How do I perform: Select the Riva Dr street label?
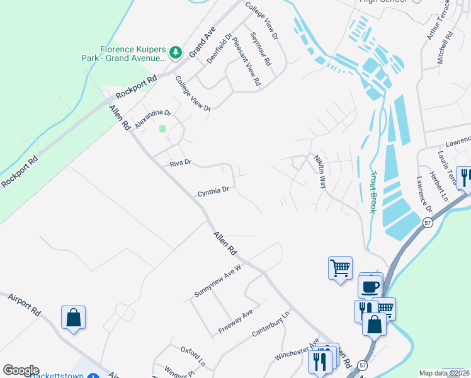(180, 164)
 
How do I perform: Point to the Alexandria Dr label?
(153, 118)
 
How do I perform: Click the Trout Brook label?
(373, 192)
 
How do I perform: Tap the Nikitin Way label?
(321, 173)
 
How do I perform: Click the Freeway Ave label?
(235, 321)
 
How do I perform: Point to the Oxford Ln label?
(193, 356)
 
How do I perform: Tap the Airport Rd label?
(25, 304)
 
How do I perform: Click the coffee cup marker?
(370, 287)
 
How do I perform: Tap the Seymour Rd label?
(260, 50)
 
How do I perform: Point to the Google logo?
(21, 370)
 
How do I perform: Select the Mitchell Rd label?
(445, 48)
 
